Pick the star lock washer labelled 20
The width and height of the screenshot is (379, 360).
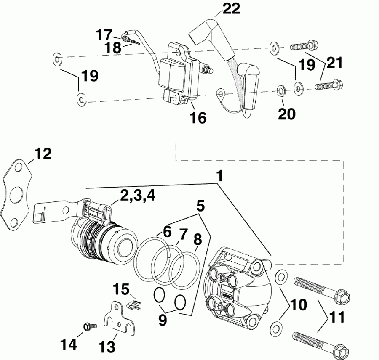click(x=280, y=90)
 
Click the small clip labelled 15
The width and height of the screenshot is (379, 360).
click(x=133, y=304)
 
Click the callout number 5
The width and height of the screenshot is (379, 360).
click(x=200, y=206)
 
